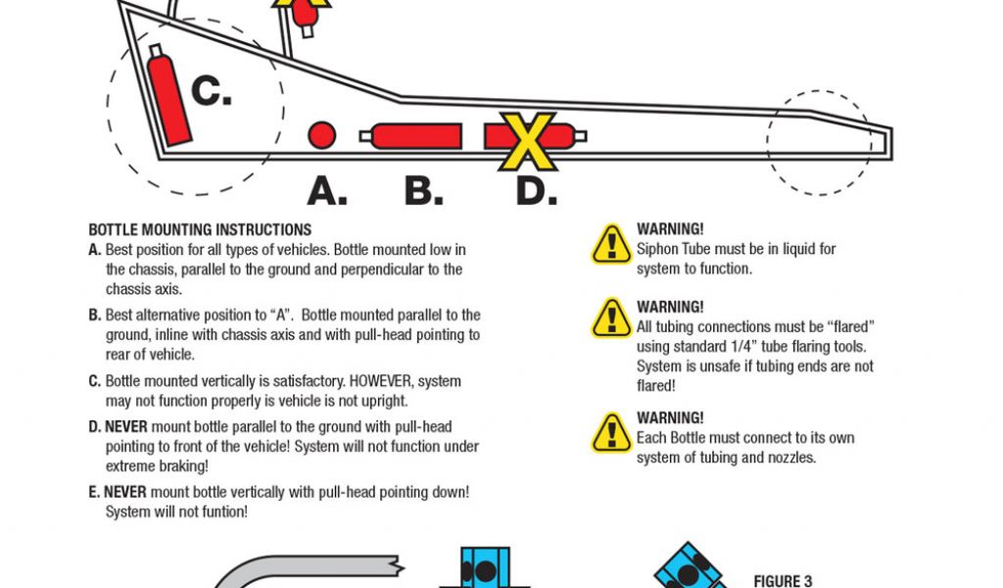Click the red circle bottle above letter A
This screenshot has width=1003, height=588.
click(321, 135)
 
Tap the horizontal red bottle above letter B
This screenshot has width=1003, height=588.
click(416, 136)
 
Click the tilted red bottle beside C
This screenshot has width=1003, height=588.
click(168, 94)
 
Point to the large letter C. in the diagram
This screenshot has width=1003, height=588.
click(211, 91)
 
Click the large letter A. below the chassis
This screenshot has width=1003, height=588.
click(327, 190)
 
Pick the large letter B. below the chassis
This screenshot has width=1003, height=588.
click(423, 190)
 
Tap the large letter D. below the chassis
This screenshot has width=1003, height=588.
click(537, 190)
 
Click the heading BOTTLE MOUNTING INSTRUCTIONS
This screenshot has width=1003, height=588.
click(200, 229)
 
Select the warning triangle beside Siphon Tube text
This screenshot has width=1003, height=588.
click(611, 244)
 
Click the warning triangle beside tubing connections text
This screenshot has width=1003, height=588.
click(611, 318)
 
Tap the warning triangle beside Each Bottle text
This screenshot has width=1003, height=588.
click(611, 432)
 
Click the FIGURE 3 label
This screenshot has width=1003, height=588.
click(783, 581)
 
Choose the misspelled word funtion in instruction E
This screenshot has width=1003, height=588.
click(222, 511)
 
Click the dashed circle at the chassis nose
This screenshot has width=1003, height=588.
click(819, 142)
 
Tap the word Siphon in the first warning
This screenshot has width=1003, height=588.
click(658, 249)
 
